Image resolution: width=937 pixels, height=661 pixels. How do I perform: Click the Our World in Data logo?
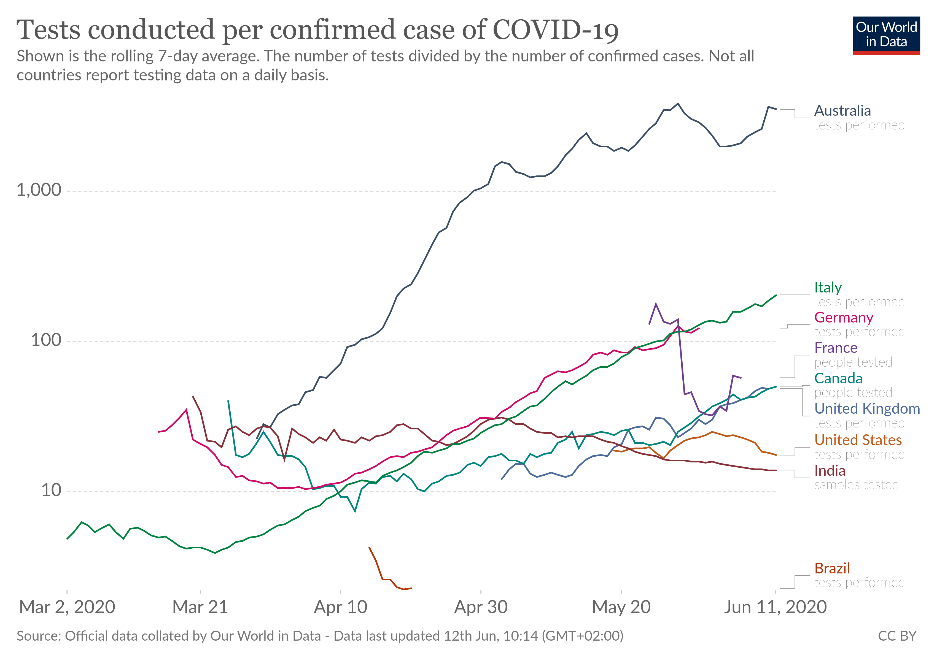point(886,35)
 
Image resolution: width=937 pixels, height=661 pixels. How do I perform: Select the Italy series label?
point(828,288)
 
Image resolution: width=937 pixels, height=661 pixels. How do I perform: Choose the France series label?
point(836,348)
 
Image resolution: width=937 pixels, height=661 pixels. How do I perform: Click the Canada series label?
point(838,378)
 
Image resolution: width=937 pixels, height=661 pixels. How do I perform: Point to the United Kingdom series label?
point(867,409)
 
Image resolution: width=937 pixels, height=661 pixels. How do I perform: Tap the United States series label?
point(858,440)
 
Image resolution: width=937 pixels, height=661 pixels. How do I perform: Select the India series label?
point(830,471)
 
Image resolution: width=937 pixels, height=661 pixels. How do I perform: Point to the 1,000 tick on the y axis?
point(39,190)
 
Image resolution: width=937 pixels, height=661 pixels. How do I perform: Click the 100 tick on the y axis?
point(46,340)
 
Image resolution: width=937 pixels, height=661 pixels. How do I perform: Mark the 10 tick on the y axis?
point(51,490)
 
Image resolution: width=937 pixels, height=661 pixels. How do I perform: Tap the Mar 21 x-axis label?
point(200,607)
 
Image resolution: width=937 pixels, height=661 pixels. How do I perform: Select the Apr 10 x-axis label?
point(340,607)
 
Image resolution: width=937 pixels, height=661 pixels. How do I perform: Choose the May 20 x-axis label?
point(621,607)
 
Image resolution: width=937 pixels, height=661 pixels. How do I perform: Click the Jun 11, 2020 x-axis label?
point(775,607)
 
